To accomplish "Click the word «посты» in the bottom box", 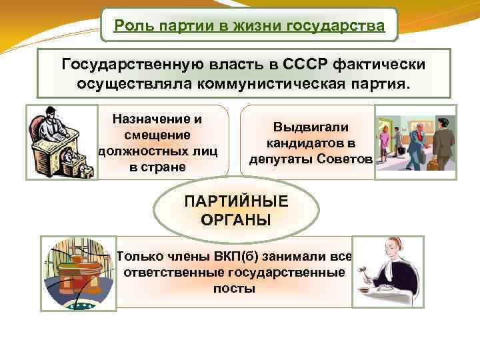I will coord(234,289).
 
